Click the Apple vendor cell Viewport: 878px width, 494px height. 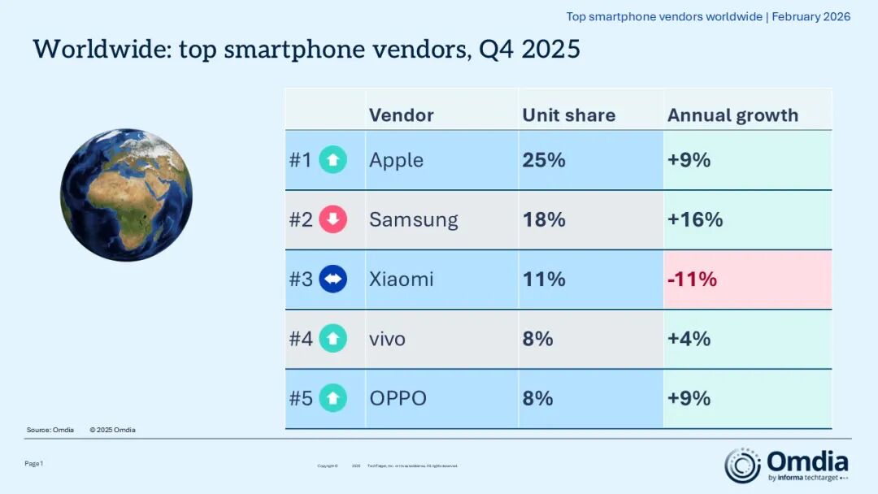[x=396, y=160]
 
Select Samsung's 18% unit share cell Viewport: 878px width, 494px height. [x=544, y=219]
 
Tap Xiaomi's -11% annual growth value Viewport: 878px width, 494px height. [x=692, y=279]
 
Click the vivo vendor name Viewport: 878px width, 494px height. [x=387, y=339]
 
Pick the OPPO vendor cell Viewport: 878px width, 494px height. [x=398, y=398]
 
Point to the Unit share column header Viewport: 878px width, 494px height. [x=568, y=115]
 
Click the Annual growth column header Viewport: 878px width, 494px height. [x=732, y=115]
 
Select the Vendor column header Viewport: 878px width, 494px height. [x=401, y=115]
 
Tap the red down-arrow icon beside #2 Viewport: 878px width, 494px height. [x=333, y=219]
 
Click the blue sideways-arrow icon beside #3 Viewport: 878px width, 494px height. [x=333, y=279]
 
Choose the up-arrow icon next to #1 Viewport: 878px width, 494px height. [x=333, y=160]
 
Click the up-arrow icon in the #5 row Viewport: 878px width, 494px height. [x=333, y=398]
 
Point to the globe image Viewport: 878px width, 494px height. [x=126, y=195]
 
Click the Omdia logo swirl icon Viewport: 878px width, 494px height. [x=742, y=466]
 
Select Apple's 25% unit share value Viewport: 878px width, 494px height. [x=544, y=160]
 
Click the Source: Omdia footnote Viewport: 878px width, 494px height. [x=50, y=430]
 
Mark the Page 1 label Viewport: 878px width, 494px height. [x=33, y=463]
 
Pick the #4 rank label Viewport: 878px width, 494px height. [x=301, y=339]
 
